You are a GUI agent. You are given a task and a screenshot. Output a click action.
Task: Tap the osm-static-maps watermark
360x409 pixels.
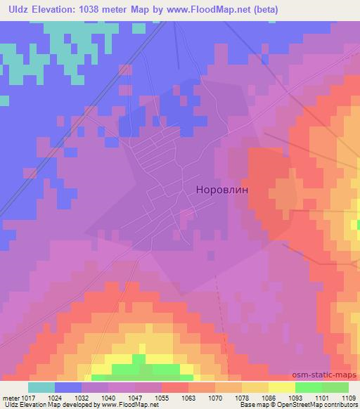(x=329, y=376)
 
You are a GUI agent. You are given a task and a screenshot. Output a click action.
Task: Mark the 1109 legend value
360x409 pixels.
(x=349, y=397)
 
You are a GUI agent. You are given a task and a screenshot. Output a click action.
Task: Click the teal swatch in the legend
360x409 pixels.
(x=41, y=387)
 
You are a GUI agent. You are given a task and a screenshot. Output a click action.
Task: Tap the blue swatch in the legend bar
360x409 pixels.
(x=68, y=387)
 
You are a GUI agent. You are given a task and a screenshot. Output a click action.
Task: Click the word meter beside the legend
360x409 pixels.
(x=12, y=397)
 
